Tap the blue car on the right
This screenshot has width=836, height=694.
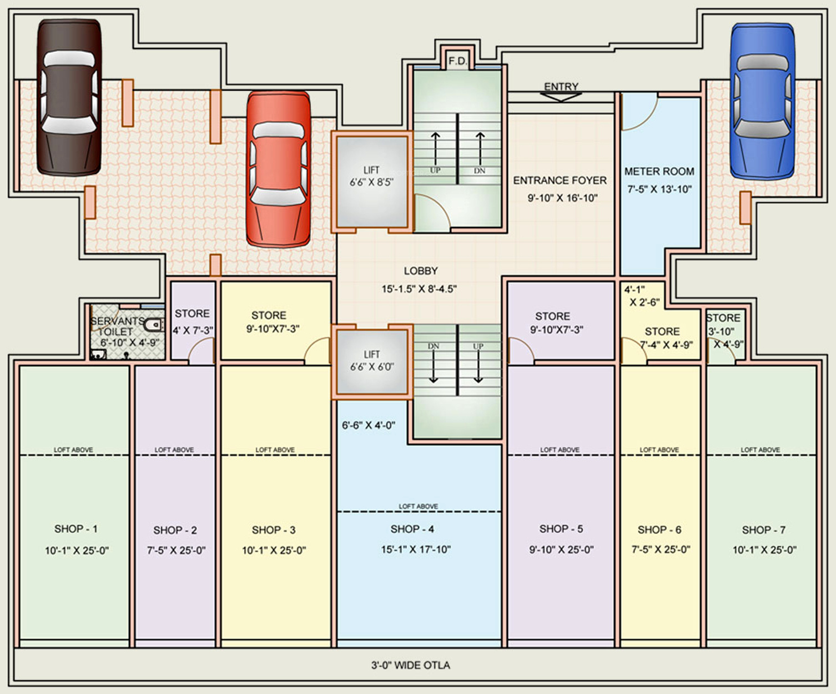coord(762,101)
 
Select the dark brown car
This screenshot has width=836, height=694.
coord(69,97)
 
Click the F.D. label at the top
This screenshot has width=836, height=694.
coord(458,61)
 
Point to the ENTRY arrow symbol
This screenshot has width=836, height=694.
coord(561,96)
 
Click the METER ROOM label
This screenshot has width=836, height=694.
coord(659,172)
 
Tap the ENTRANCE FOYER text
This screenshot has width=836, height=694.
coord(560,180)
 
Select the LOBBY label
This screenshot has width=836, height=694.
coord(420,271)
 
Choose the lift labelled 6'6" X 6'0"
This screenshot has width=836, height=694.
coord(371,361)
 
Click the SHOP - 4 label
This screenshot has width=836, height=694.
coord(412,529)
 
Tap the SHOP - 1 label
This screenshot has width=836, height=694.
coord(75,529)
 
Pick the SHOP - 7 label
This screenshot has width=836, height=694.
coord(763,530)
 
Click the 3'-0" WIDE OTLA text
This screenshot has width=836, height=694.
coord(410,665)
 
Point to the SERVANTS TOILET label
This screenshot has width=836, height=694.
coord(117,326)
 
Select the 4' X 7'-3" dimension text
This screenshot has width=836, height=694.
coord(193,331)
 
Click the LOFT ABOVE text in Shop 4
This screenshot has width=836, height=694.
coord(418,506)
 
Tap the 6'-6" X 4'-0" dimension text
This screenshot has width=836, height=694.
coord(368,426)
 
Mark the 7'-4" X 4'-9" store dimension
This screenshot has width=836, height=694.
coord(666,345)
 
